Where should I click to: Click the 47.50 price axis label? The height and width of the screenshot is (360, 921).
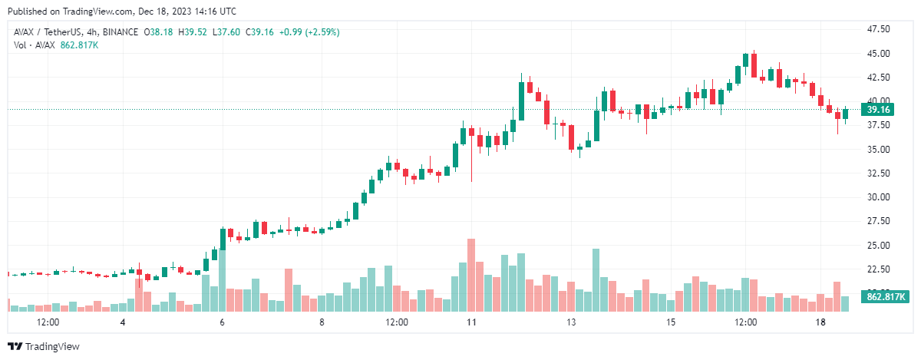(878, 29)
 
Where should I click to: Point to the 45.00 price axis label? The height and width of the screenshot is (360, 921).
(878, 53)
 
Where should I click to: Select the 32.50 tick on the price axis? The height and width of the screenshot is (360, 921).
(878, 173)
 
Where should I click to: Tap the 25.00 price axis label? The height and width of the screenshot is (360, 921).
(878, 245)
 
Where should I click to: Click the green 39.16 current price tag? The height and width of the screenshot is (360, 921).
(877, 110)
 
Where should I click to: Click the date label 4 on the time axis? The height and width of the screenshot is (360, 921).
(123, 322)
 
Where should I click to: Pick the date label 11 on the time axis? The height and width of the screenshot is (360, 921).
(470, 322)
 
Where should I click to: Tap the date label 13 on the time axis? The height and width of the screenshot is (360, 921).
(570, 322)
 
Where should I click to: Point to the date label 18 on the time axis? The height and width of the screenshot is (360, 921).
(820, 322)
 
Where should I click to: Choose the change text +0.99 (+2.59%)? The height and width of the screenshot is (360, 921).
(310, 32)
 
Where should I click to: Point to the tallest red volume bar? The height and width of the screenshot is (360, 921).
(471, 275)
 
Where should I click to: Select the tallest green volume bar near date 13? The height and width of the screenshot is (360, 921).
(596, 279)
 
